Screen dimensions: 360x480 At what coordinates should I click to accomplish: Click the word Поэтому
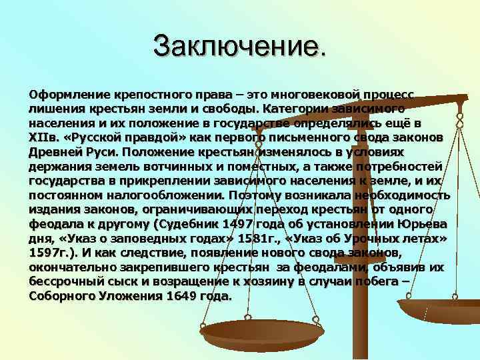[x=250, y=196]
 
